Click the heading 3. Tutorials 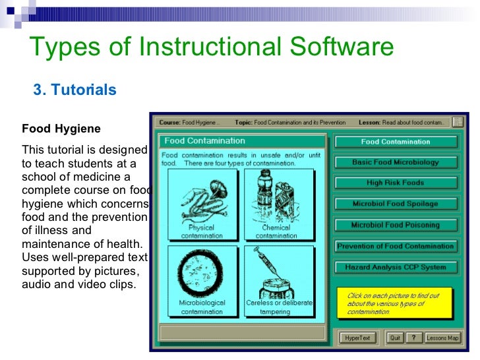coord(75,90)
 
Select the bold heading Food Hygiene coord(61,128)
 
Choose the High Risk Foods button coord(395,183)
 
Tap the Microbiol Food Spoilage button coord(395,204)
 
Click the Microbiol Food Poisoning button coord(395,225)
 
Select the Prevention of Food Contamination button coord(395,246)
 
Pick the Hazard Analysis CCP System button coord(395,267)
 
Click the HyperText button coord(358,338)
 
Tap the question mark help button coord(413,338)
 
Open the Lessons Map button coord(442,338)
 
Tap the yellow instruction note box coord(394,303)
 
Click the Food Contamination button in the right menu coord(395,141)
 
